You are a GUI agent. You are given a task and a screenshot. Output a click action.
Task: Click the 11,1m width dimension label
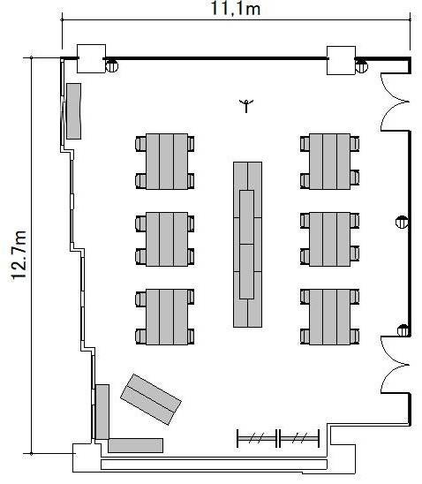(236, 9)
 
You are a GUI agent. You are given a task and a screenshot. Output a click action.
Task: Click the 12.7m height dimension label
(19, 255)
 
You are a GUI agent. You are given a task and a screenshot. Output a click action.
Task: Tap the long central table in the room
(247, 245)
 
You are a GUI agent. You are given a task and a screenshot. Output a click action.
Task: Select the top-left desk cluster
(165, 162)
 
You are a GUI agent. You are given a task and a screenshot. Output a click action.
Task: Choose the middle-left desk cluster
(165, 239)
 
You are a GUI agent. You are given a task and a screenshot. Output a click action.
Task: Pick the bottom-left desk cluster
(165, 317)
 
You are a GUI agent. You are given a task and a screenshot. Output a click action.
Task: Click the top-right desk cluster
(330, 162)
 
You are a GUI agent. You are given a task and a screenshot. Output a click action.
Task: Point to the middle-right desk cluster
(330, 239)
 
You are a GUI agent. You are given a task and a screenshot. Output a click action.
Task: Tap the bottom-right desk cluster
(330, 317)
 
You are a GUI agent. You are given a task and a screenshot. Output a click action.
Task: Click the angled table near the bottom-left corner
(151, 399)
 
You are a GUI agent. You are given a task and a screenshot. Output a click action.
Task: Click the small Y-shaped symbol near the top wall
(246, 106)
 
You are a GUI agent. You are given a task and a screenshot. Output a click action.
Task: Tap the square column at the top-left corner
(91, 58)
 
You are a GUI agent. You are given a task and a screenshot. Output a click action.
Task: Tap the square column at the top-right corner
(341, 60)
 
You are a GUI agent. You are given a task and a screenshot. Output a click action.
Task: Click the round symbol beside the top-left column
(111, 66)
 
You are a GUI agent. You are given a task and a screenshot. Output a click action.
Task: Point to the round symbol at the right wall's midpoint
(402, 222)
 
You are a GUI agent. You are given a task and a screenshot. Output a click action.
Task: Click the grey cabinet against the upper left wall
(74, 111)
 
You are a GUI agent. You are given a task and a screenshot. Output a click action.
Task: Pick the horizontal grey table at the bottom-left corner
(135, 445)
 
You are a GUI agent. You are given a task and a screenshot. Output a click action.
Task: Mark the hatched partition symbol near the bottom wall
(278, 438)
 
